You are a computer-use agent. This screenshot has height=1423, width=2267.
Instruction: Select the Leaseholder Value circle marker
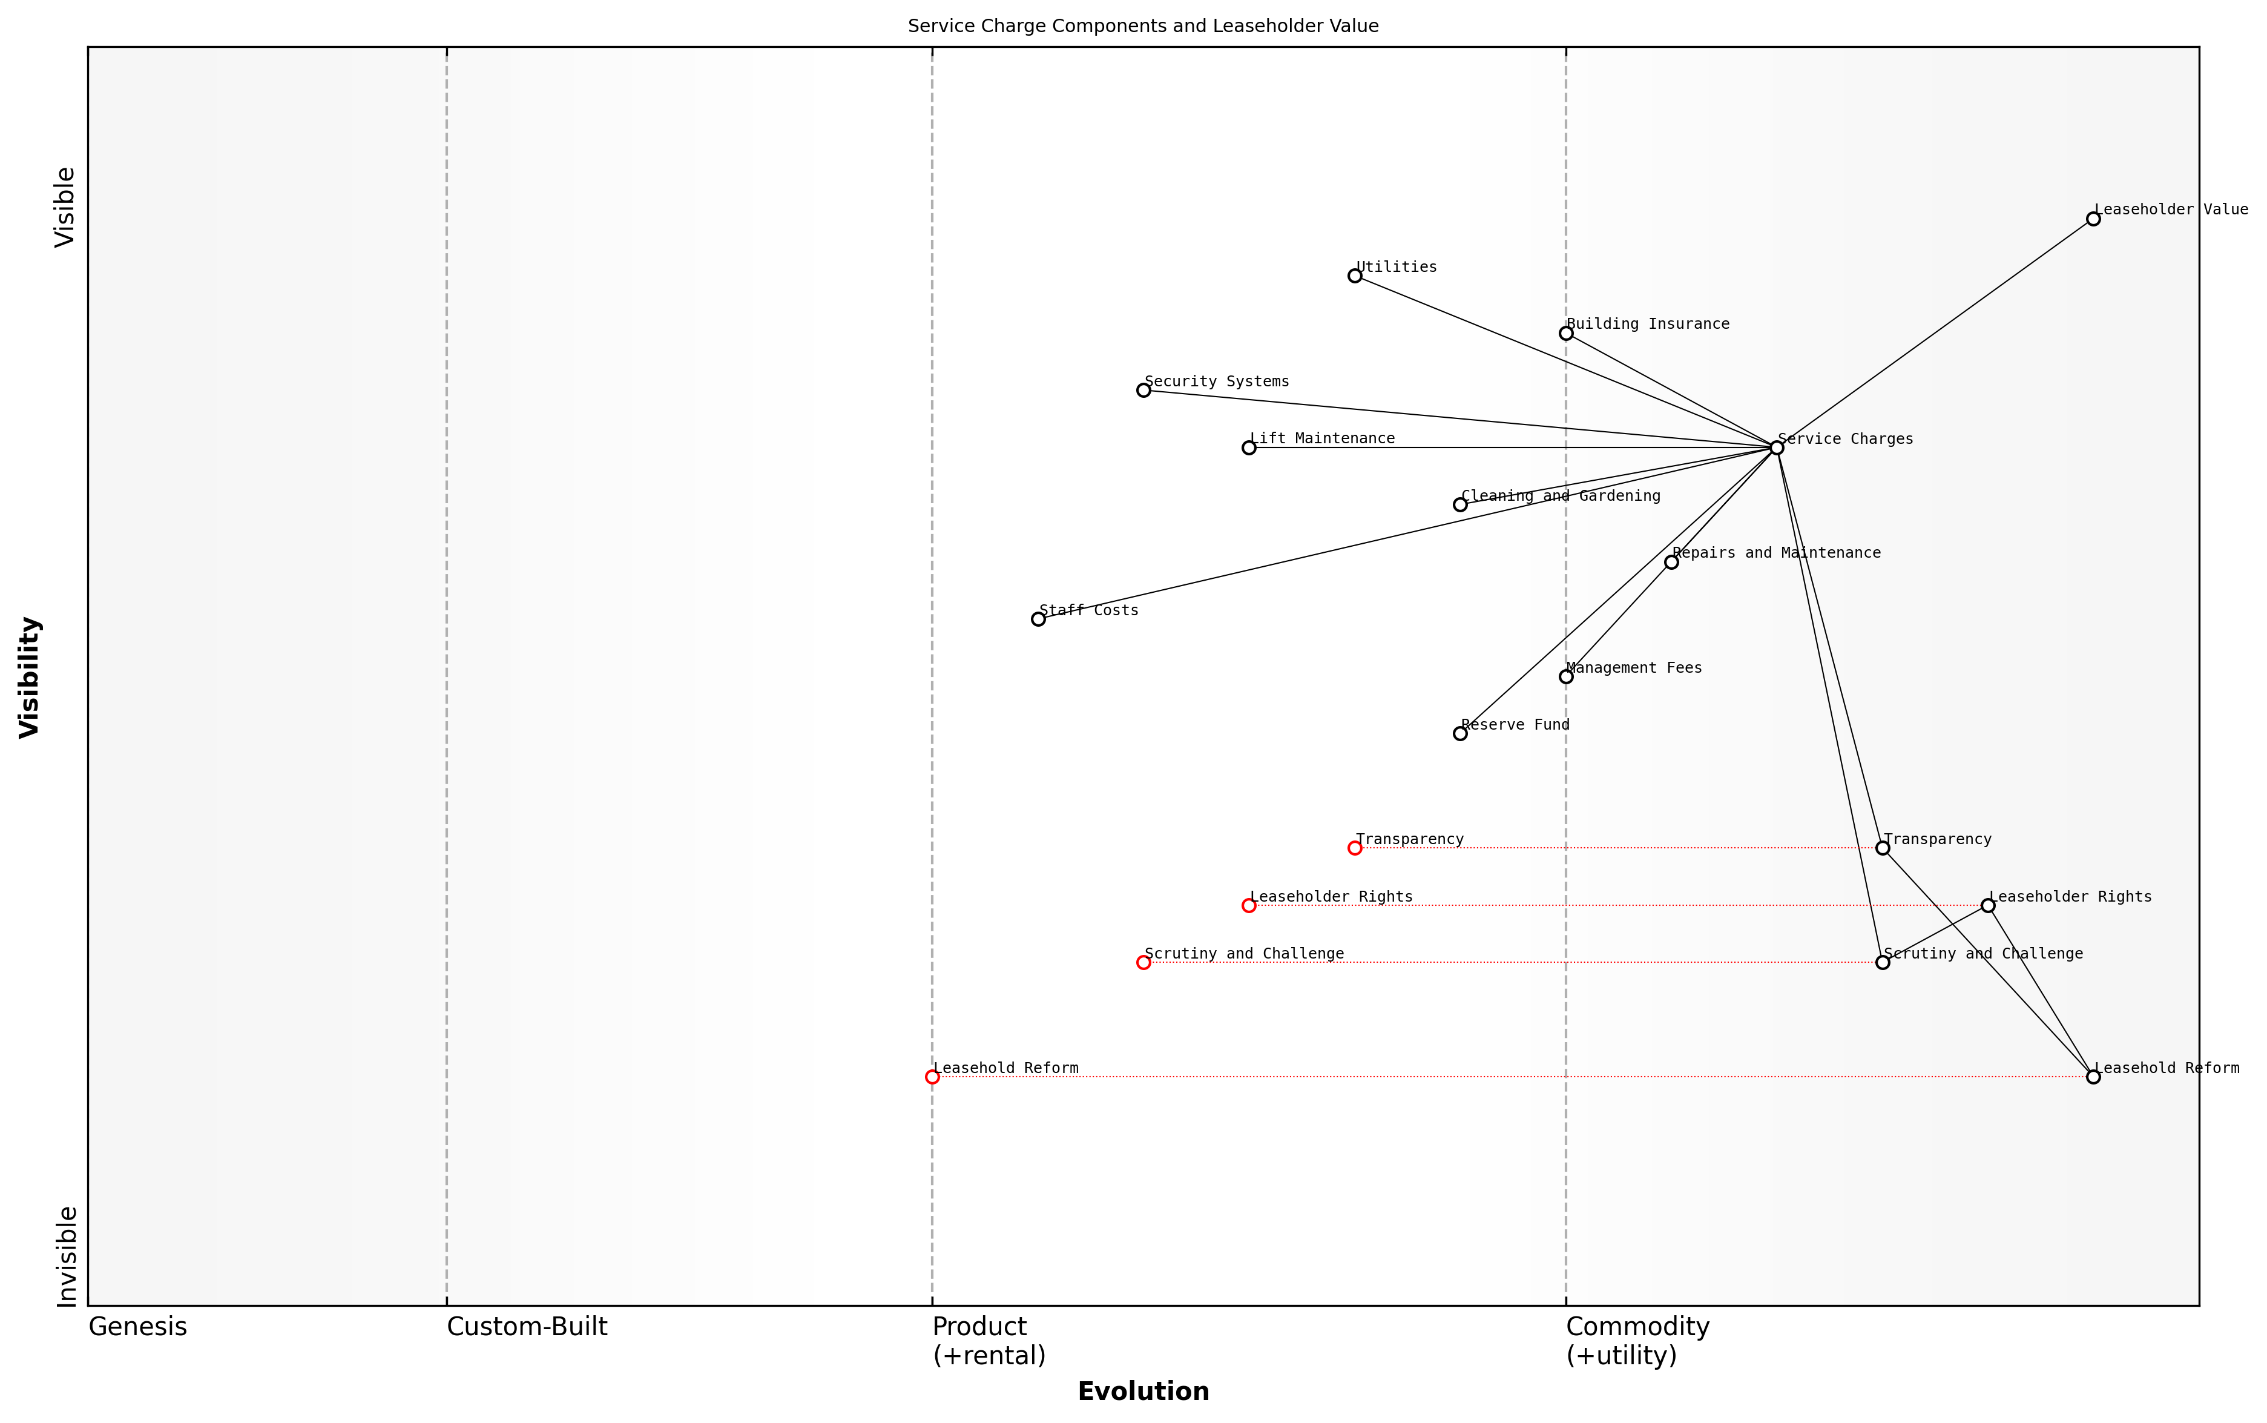[2093, 219]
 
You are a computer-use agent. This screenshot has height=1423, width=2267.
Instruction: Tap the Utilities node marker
[1355, 276]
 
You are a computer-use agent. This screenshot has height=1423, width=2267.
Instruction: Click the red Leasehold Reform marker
[932, 1077]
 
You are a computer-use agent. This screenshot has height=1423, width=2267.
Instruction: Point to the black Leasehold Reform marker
[2093, 1077]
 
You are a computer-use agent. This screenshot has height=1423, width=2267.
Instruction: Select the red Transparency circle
[1355, 848]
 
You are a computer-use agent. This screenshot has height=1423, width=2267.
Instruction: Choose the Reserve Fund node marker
[1460, 733]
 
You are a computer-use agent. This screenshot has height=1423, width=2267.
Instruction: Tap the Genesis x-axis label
[137, 1327]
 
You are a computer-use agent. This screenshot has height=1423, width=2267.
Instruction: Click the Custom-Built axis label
[527, 1327]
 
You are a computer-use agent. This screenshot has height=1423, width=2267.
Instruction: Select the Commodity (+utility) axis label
[1637, 1340]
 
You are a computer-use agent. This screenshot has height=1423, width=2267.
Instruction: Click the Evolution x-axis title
[1143, 1391]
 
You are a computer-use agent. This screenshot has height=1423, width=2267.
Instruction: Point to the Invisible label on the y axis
[66, 1256]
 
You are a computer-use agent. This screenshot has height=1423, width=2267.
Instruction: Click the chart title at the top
[1143, 27]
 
